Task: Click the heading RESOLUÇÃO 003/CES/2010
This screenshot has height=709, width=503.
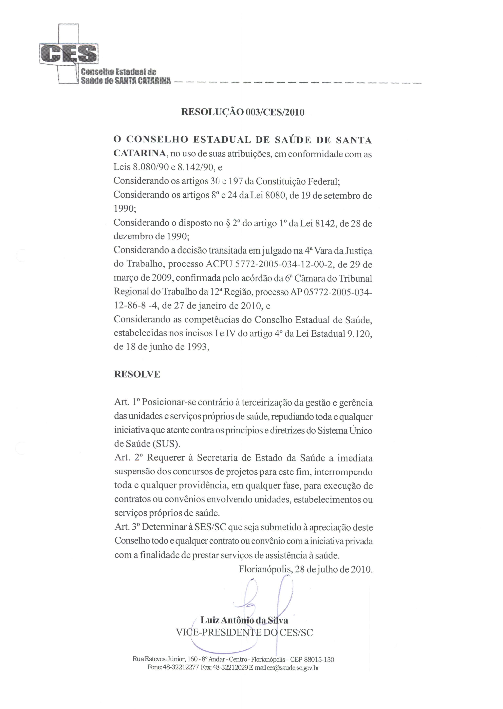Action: (243, 112)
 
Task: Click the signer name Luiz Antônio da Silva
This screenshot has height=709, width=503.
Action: (244, 620)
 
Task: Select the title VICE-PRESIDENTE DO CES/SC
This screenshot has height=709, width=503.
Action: (244, 632)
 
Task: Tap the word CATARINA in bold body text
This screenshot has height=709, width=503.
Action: (139, 153)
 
